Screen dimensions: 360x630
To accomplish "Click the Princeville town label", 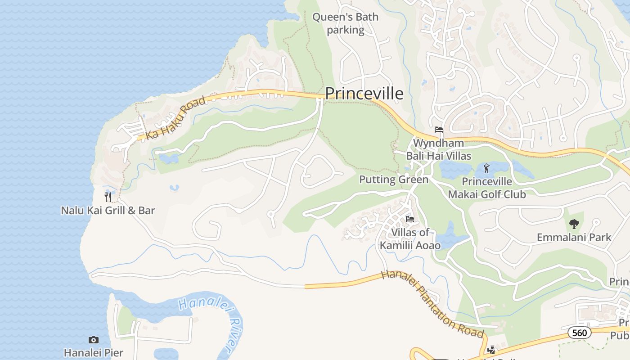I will click(x=364, y=94).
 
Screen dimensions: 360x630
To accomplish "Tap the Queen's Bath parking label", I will click(x=346, y=23).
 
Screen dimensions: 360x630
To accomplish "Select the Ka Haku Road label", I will click(x=175, y=118).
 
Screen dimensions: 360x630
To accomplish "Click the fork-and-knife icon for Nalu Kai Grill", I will click(x=108, y=197).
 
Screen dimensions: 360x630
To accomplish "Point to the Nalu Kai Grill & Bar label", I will click(x=108, y=210).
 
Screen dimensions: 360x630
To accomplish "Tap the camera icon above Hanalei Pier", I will click(x=94, y=340).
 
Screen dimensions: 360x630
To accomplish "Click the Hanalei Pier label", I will click(x=94, y=352).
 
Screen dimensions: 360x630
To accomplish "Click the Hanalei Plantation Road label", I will click(x=432, y=304).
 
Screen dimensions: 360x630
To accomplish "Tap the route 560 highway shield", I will click(x=579, y=333).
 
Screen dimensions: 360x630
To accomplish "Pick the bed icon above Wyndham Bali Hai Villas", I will click(x=439, y=130).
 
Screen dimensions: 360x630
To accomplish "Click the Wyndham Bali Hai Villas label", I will click(x=439, y=149).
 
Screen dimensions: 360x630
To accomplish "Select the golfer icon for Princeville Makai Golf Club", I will click(x=486, y=169).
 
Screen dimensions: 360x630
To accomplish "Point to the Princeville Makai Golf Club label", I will click(x=487, y=188).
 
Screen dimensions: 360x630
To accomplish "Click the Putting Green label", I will click(x=394, y=180).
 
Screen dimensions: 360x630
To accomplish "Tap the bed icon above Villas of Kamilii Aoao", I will click(x=410, y=220).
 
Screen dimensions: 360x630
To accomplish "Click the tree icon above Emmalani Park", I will click(x=574, y=224).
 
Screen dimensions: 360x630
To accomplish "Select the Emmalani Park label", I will click(x=574, y=237).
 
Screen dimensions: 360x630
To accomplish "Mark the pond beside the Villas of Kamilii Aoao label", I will click(x=450, y=236).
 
